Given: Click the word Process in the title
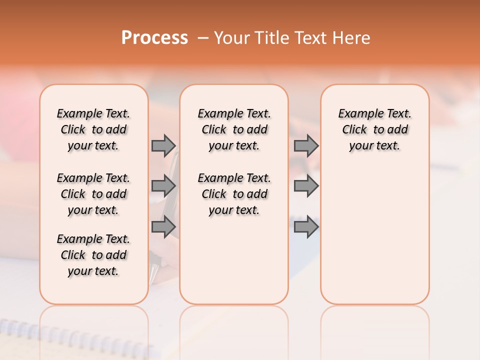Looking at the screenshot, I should click(x=154, y=38).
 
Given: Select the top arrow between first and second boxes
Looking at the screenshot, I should click(x=163, y=145).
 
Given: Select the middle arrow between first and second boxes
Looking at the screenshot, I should click(x=163, y=186).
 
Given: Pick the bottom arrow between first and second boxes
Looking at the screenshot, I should click(x=163, y=226).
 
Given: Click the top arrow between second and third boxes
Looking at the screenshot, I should click(x=306, y=145).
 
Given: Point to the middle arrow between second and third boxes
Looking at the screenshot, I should click(x=306, y=186).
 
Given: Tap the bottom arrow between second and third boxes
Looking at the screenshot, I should click(x=306, y=226).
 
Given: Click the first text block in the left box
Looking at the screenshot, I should click(x=93, y=129).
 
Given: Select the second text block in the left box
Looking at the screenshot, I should click(x=93, y=194).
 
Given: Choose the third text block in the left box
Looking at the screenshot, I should click(x=93, y=255).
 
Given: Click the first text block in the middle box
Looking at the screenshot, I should click(x=234, y=129).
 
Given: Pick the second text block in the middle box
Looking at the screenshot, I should click(x=234, y=194).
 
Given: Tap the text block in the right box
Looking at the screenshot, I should click(x=374, y=129).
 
